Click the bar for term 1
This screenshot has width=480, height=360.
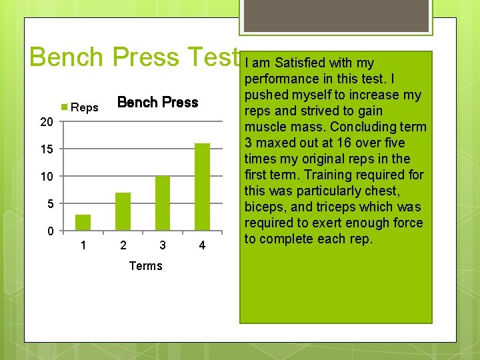click(x=83, y=222)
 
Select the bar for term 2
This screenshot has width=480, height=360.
click(x=123, y=211)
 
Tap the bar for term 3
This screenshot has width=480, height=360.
click(x=163, y=203)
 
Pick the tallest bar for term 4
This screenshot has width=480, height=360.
click(x=202, y=187)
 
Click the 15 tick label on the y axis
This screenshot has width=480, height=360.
click(x=46, y=149)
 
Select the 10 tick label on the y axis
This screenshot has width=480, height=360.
click(x=46, y=177)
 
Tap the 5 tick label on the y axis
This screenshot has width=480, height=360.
click(x=50, y=204)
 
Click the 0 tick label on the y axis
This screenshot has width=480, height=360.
click(x=50, y=231)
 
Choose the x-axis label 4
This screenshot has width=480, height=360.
click(x=202, y=246)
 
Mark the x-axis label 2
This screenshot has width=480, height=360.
click(x=123, y=246)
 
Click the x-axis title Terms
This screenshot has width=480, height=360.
click(x=145, y=266)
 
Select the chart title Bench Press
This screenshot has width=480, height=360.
click(x=157, y=102)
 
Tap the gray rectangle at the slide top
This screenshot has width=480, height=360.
click(x=335, y=15)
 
